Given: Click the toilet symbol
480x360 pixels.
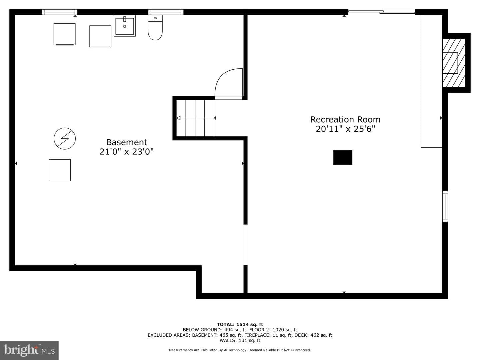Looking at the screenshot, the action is coord(155,28).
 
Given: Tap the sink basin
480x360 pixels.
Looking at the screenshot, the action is coord(124,26).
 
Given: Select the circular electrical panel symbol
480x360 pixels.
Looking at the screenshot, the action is coord(65,139).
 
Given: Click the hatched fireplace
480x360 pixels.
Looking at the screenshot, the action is coord(454,63).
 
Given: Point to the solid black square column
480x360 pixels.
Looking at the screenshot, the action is coord(343,157).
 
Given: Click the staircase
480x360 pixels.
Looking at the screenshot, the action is coord(195,118).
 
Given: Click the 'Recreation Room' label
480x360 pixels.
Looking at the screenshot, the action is coord(345,120).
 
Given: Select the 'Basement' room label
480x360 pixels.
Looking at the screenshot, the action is coord(127,142).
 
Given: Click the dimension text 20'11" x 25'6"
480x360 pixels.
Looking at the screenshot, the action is coord(345,129).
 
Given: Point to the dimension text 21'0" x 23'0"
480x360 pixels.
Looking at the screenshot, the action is coord(127,151).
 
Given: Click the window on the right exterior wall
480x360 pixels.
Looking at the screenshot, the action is coord(445,206).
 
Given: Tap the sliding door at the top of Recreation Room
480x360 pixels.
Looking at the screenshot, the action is coord(381,12).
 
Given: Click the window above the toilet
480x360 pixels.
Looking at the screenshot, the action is coord(166,12).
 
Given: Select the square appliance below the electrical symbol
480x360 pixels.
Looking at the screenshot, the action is coord(60,170).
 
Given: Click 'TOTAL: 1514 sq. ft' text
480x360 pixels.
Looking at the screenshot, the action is coord(240,324).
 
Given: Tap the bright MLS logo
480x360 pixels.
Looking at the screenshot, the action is coord(29,350).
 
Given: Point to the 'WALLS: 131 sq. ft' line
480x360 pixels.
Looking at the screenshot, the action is coord(240,340).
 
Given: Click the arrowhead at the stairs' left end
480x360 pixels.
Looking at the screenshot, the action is coord(178,118).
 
